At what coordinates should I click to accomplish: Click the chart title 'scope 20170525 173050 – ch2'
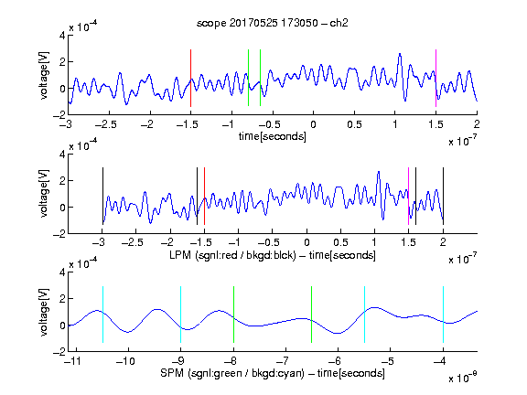pyautogui.click(x=272, y=23)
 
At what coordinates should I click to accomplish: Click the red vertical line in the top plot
pyautogui.click(x=190, y=78)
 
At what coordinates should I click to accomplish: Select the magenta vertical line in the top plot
pyautogui.click(x=436, y=78)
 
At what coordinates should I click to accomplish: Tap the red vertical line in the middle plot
pyautogui.click(x=204, y=196)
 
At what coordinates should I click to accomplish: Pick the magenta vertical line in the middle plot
pyautogui.click(x=408, y=196)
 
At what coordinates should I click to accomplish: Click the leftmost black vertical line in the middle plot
pyautogui.click(x=102, y=196)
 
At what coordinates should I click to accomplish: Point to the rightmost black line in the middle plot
pyautogui.click(x=443, y=196)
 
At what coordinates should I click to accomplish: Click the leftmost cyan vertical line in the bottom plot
pyautogui.click(x=102, y=315)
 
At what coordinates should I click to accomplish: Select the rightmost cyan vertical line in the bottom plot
pyautogui.click(x=443, y=315)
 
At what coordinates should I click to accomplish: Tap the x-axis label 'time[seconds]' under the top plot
pyautogui.click(x=273, y=136)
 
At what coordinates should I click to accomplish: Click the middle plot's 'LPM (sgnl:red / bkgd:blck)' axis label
pyautogui.click(x=232, y=255)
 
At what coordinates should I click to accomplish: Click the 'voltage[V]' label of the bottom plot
pyautogui.click(x=44, y=312)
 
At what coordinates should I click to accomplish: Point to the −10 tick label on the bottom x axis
pyautogui.click(x=125, y=361)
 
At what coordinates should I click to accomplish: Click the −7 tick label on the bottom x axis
pyautogui.click(x=283, y=361)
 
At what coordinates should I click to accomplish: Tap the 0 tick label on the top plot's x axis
pyautogui.click(x=313, y=124)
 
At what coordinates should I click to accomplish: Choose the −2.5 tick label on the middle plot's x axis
pyautogui.click(x=132, y=242)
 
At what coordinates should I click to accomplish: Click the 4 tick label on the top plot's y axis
pyautogui.click(x=62, y=36)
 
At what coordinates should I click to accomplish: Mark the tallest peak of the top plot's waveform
pyautogui.click(x=400, y=54)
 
